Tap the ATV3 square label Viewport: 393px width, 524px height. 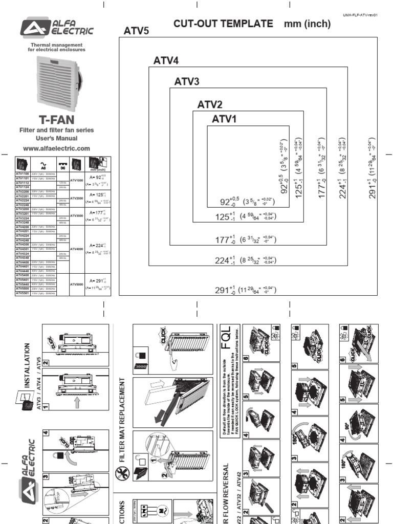pos(187,81)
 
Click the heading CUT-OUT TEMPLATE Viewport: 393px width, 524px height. pos(223,24)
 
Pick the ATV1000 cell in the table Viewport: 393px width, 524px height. pos(77,181)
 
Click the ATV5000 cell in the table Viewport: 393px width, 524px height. pos(77,285)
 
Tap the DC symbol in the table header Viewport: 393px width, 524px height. pos(62,164)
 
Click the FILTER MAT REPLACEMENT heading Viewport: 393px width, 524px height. pos(122,420)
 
